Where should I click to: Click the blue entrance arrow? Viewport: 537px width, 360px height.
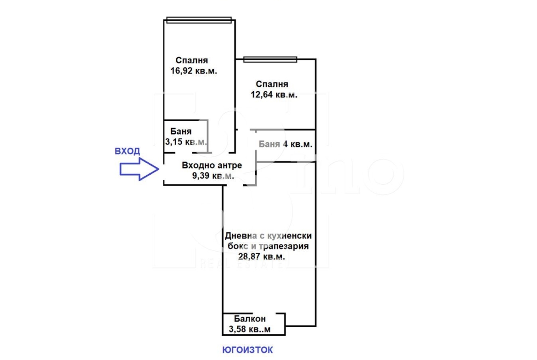click(x=139, y=169)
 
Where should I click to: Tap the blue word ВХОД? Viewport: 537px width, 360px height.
click(x=128, y=151)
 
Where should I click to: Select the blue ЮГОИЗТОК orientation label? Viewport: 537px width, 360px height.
click(x=247, y=350)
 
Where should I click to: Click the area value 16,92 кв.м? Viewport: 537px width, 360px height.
click(x=194, y=71)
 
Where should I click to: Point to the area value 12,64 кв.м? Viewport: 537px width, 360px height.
click(x=274, y=94)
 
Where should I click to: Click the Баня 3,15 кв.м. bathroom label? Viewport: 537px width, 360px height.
click(x=185, y=136)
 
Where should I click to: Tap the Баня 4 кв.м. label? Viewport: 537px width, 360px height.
click(x=285, y=144)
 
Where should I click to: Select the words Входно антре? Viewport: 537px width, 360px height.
click(x=212, y=165)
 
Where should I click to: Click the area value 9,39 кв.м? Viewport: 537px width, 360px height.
click(x=213, y=176)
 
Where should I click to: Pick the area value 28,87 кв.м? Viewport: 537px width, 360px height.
click(x=262, y=256)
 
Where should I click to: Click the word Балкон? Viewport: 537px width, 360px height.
click(x=250, y=319)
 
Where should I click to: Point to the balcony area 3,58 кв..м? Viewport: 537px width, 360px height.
click(x=250, y=329)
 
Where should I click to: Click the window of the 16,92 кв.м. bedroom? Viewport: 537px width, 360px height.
click(x=199, y=20)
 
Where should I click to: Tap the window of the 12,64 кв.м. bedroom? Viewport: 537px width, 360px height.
click(x=270, y=60)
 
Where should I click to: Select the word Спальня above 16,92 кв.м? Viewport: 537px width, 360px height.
click(x=192, y=60)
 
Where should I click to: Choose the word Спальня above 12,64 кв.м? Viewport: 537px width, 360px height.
click(x=272, y=84)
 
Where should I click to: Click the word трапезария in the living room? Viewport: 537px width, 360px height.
click(x=284, y=246)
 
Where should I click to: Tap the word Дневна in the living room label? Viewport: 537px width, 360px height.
click(x=241, y=235)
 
